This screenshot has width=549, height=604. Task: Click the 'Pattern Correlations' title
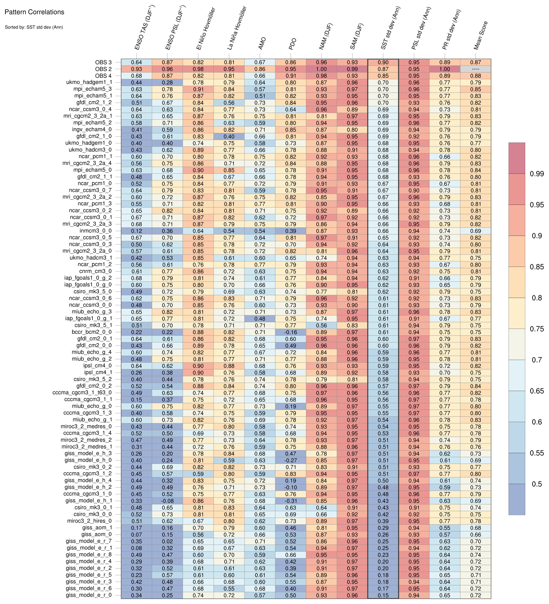click(34, 12)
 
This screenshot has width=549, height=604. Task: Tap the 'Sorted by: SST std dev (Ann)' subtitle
click(34, 27)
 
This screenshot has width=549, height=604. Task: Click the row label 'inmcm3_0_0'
click(96, 231)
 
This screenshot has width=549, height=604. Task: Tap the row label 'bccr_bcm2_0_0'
click(92, 332)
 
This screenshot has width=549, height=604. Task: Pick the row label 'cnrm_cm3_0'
click(96, 271)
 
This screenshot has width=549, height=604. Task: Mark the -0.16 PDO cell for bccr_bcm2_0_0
click(290, 332)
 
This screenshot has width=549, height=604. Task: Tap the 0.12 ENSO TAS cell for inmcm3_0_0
click(136, 231)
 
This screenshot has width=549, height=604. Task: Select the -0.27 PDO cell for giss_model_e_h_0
click(290, 460)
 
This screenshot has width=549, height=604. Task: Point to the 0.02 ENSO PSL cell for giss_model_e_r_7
click(167, 541)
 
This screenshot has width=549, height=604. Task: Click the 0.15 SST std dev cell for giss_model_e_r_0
click(383, 595)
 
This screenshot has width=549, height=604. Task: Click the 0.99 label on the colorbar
click(536, 174)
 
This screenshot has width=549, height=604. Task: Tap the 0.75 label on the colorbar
click(536, 329)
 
